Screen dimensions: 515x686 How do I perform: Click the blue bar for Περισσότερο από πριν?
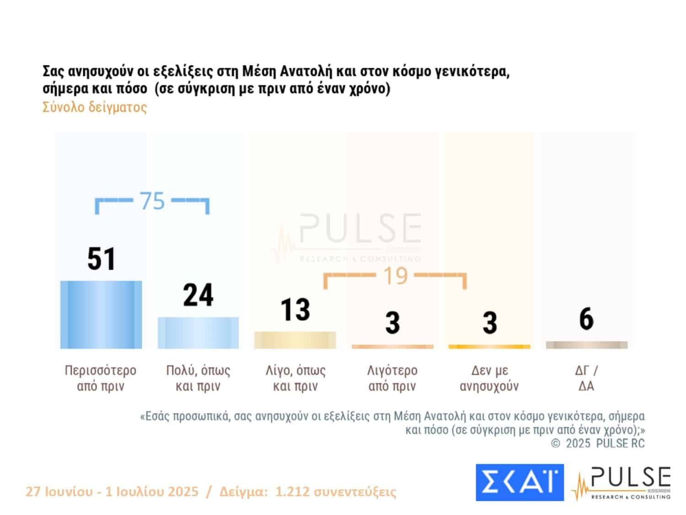coord(101,314)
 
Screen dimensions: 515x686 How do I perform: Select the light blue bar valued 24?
coord(198,333)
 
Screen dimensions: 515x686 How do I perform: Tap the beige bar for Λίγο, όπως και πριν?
coord(295,340)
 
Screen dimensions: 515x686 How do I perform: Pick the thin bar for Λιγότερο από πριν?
coord(392,347)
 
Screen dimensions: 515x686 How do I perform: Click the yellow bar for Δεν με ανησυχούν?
coord(489,347)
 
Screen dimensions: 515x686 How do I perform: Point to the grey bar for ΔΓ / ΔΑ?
coord(586,345)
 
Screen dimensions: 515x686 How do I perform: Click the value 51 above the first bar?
coord(102,259)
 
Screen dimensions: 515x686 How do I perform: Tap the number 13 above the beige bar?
coord(295,310)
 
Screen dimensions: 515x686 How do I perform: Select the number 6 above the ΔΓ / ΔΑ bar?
coord(586,319)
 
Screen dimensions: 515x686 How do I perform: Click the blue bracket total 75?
coord(152,201)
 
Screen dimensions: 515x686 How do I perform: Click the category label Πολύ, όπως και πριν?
coord(198,378)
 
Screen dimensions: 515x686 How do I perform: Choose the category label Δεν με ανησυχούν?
coord(489,378)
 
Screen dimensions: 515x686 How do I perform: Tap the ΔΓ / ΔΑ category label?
coord(586,378)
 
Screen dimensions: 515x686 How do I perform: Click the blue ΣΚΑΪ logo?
coord(520,482)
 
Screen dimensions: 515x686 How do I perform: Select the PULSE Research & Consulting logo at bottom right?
coord(622,483)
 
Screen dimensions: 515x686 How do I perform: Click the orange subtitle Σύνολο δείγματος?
coord(95,107)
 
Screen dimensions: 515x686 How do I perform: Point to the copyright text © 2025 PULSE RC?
coord(598,443)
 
